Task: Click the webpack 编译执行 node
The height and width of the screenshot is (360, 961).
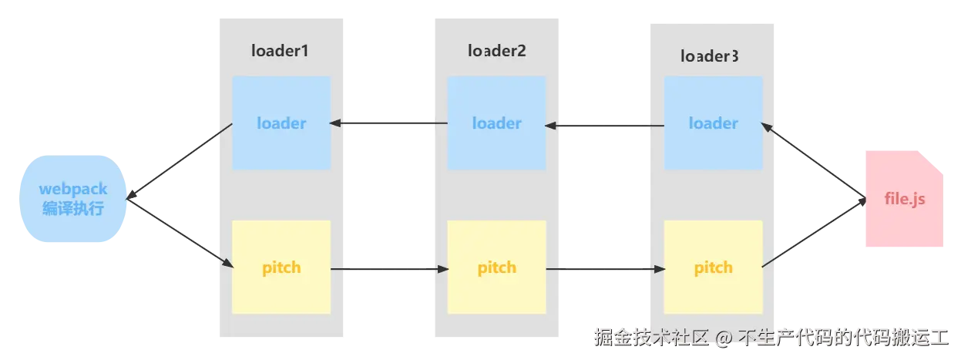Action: coord(73,199)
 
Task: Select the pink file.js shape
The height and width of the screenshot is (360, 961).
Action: coord(903,200)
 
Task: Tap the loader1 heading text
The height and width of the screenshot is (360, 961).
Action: coord(281,51)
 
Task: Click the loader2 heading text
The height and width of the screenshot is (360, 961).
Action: coord(496,51)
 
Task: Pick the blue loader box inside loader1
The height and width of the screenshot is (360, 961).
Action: coord(281,123)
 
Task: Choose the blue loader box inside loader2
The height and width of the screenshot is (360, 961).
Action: coord(497,123)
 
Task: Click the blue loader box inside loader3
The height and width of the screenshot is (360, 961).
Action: coord(714,123)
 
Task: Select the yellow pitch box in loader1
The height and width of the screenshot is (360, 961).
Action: coord(281,267)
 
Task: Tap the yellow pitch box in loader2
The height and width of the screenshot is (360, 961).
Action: coord(497,267)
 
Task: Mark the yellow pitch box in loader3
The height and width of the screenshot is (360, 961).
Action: coord(714,267)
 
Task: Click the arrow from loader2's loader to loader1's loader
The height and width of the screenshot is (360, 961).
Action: coord(389,123)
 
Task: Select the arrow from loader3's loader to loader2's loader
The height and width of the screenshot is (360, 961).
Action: coord(605,125)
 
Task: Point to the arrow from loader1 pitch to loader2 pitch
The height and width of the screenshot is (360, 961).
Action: coord(389,269)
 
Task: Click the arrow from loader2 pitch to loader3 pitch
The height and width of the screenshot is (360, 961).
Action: coord(605,269)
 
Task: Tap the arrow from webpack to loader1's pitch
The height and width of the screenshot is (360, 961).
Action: coord(181,235)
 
